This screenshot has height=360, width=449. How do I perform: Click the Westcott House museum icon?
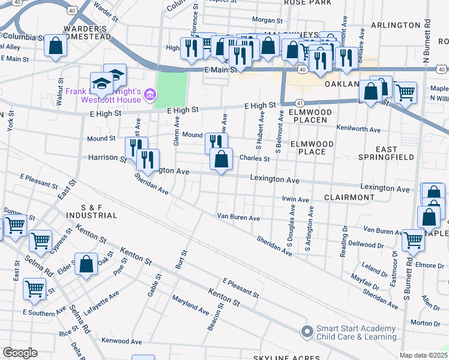coord(150,94)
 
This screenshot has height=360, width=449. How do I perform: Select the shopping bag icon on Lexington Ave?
coord(221,160)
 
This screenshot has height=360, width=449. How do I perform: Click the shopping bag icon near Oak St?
coord(86,265)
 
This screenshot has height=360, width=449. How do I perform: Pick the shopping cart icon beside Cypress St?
coord(40,241)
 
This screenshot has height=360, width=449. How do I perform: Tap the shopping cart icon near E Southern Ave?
coord(34,289)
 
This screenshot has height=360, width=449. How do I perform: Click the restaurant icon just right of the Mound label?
coord(216,143)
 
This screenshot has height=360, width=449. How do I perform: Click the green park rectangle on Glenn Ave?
coord(171,90)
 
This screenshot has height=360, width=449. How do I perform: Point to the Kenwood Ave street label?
coord(121,341)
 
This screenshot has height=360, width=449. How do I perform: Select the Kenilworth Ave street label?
coord(359,130)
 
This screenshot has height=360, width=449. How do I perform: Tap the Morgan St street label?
coord(267,20)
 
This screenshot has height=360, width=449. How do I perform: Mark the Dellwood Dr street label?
coord(366,245)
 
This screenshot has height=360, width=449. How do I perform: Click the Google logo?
coord(20,353)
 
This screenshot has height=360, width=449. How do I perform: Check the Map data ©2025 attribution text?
coord(423,355)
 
